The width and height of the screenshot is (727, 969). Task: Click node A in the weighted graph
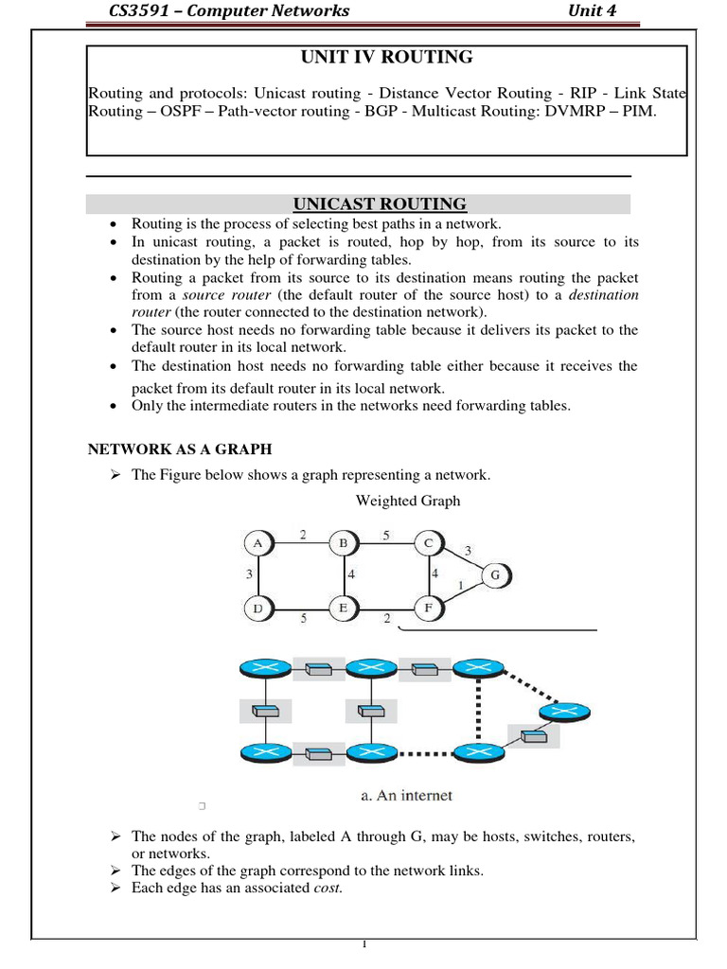(257, 543)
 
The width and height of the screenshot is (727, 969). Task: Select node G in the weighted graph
(495, 574)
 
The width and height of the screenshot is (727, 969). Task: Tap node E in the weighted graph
(342, 608)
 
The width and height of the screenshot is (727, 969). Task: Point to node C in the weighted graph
(428, 543)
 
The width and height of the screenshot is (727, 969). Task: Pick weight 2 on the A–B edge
(303, 535)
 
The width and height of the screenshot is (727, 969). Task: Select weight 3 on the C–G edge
(468, 551)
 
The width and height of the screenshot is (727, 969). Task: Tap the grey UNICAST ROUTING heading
(379, 204)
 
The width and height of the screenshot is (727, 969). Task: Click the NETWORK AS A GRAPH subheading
(180, 449)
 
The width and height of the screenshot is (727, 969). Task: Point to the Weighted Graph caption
(407, 501)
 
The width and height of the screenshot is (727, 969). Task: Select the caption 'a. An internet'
(406, 796)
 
